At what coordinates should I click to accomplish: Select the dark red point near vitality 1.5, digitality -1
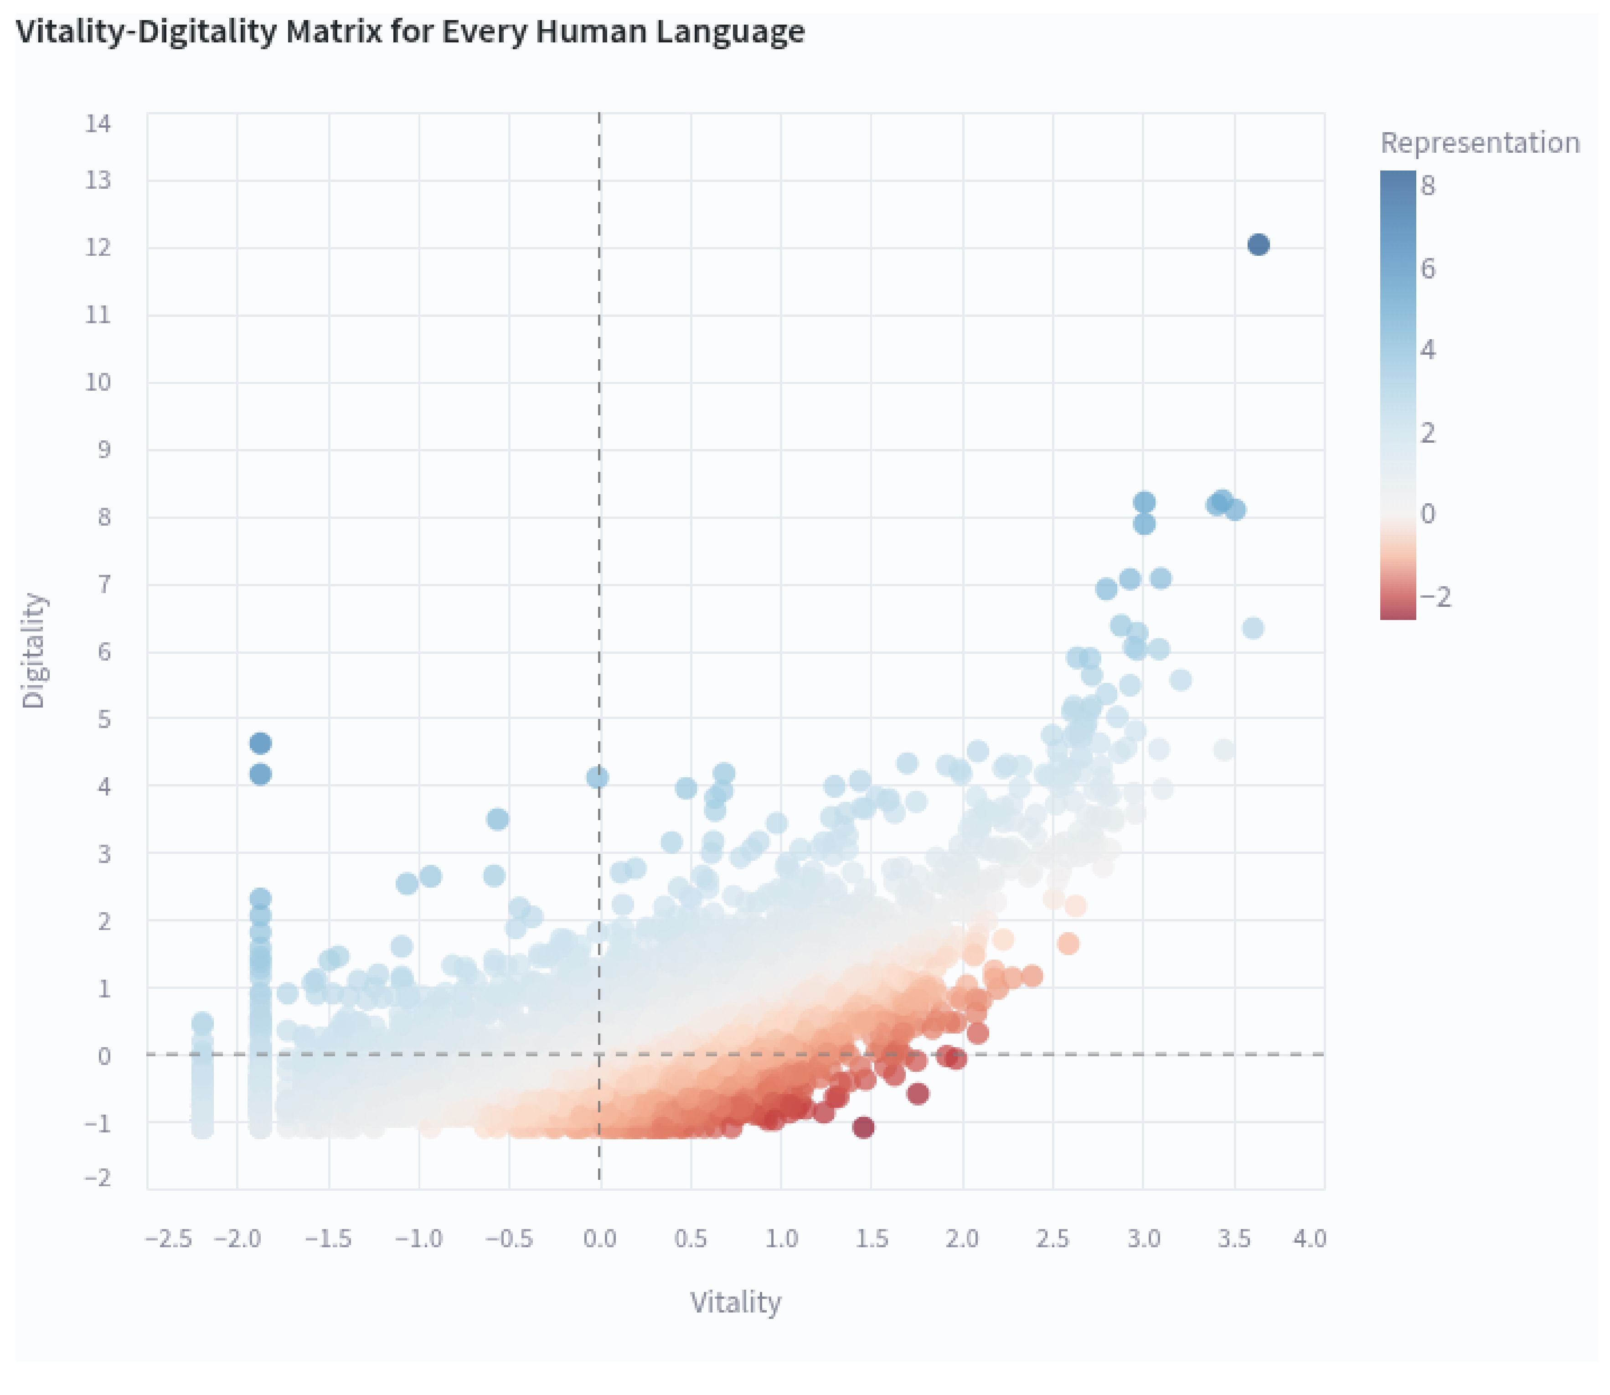coord(862,1126)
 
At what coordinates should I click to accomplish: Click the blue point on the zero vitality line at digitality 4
coord(597,777)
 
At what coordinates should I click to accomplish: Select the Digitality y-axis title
coord(33,650)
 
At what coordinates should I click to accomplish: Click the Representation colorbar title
coord(1479,142)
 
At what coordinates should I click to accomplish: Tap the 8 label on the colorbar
coord(1427,185)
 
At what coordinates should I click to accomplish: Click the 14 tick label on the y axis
coord(98,123)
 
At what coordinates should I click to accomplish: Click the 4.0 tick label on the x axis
coord(1310,1238)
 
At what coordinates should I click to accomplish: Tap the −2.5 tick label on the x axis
coord(169,1238)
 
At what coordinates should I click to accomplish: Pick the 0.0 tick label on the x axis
coord(599,1238)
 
